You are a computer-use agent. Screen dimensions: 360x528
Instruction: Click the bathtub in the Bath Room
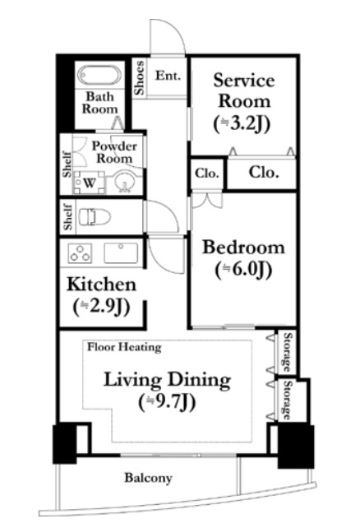[x=99, y=75]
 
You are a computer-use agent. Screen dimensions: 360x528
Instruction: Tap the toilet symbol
[x=95, y=217]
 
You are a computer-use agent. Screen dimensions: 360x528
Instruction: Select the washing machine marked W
[x=89, y=183]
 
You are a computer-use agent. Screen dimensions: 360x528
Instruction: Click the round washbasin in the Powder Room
[x=124, y=182]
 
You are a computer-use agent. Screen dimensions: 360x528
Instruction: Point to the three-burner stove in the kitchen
[x=80, y=252]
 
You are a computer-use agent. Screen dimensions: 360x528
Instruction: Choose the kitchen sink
[x=121, y=252]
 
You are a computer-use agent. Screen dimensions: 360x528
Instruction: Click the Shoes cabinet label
[x=139, y=77]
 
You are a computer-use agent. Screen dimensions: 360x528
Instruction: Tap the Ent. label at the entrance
[x=168, y=76]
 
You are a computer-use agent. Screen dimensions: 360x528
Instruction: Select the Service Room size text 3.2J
[x=242, y=123]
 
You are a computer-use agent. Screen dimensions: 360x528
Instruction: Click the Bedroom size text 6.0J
[x=243, y=270]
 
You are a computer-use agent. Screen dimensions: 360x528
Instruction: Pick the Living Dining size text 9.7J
[x=167, y=401]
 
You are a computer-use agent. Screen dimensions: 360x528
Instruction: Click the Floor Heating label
[x=124, y=347]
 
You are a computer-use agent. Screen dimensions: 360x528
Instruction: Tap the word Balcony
[x=149, y=478]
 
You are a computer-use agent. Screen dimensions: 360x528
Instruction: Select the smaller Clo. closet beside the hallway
[x=206, y=174]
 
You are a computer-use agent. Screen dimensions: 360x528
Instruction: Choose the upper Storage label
[x=288, y=351]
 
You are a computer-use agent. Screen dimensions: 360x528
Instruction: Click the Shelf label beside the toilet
[x=67, y=217]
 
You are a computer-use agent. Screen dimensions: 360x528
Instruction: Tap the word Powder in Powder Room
[x=115, y=146]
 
